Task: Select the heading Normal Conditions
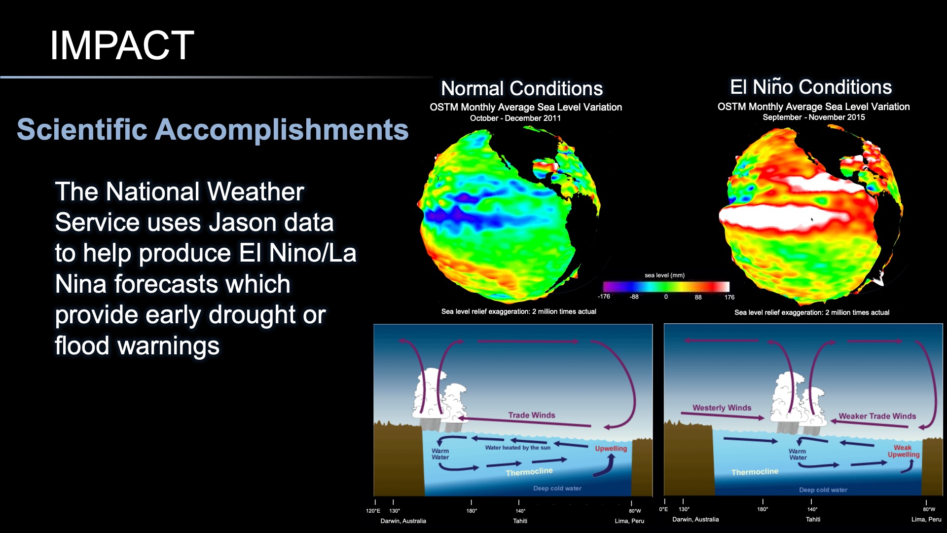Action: coord(521,89)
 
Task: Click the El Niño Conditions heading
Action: coord(810,87)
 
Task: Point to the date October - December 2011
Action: coord(515,118)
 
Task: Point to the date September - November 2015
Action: coord(813,117)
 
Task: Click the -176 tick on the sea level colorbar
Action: coord(604,297)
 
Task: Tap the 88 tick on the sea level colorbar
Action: coord(698,297)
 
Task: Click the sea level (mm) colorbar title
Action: coord(664,275)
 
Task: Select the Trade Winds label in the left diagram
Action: coord(531,415)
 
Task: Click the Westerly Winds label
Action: coord(722,408)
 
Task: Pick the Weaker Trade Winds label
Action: coord(877,416)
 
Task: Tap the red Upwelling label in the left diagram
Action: coord(611,449)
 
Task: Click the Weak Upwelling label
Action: coord(903,451)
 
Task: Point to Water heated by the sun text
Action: coord(517,448)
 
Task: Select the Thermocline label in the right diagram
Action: coord(755,472)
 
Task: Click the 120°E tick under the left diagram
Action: coord(373,511)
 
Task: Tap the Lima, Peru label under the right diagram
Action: coord(926,519)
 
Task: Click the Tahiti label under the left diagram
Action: coord(520,521)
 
